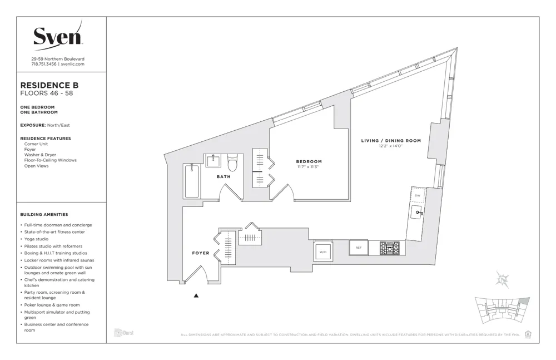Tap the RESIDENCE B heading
click(49, 85)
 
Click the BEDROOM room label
click(309, 162)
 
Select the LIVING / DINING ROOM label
click(391, 141)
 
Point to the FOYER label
click(201, 253)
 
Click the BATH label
click(224, 177)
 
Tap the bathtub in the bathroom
click(191, 181)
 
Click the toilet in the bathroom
click(232, 163)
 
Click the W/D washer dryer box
click(322, 251)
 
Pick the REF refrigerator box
click(359, 248)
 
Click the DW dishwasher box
click(418, 196)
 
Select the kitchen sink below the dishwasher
click(417, 213)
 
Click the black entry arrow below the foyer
click(196, 296)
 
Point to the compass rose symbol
click(503, 280)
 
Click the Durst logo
click(123, 333)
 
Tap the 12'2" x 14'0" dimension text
click(391, 147)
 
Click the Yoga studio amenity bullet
click(36, 239)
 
